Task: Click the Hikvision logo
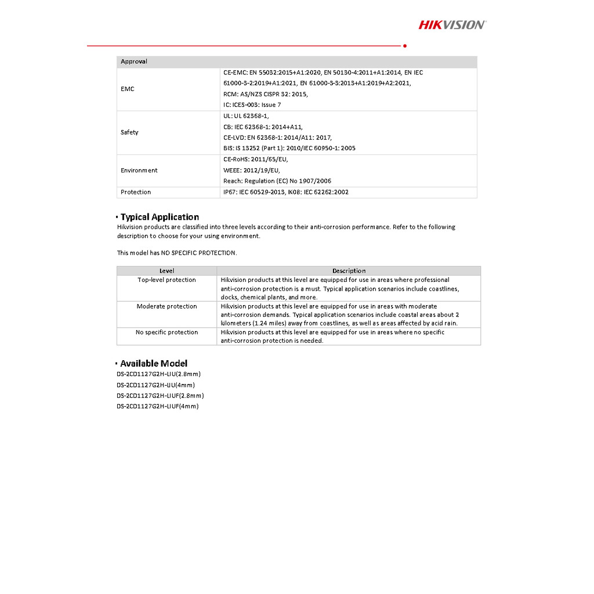[452, 24]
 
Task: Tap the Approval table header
[134, 61]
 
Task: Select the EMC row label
[128, 89]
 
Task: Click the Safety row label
[129, 132]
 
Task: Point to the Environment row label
[139, 171]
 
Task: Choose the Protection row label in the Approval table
[136, 192]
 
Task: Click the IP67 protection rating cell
[286, 192]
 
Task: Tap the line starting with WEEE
[251, 171]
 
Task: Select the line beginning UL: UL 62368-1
[246, 116]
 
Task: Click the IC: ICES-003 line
[252, 105]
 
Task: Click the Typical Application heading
[160, 217]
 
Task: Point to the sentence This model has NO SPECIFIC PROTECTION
[177, 253]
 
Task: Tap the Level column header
[167, 271]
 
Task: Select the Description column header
[349, 271]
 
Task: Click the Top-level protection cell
[167, 280]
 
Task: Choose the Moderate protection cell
[167, 306]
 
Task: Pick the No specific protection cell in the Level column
[167, 332]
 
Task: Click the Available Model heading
[154, 364]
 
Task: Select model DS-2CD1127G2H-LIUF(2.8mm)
[160, 396]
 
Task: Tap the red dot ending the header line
[404, 45]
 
